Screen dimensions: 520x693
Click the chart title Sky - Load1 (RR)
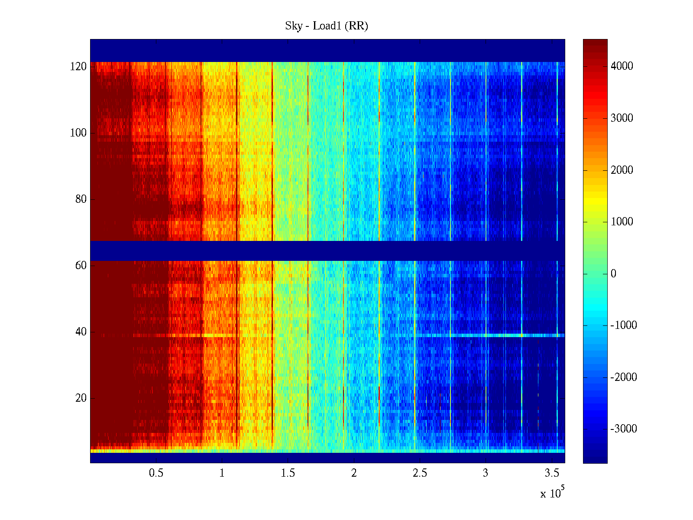[x=327, y=26]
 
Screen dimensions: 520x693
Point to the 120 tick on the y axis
[x=78, y=67]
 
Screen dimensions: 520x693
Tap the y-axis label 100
[x=78, y=133]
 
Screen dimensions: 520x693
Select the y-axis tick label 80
[x=81, y=199]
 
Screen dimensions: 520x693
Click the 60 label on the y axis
[x=81, y=266]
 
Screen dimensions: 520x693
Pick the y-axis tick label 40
[x=81, y=332]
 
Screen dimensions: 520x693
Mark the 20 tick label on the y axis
[x=81, y=398]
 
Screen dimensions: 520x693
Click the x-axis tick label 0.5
[x=156, y=473]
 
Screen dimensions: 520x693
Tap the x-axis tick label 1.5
[x=288, y=473]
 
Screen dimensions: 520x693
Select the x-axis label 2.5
[x=420, y=473]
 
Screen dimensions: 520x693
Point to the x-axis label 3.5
[x=552, y=473]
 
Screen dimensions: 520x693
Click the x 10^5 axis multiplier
[x=552, y=493]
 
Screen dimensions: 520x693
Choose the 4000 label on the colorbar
[x=622, y=66]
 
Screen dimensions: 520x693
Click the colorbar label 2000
[x=622, y=170]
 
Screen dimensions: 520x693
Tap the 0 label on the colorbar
[x=613, y=274]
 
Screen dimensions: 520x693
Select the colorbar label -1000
[x=624, y=325]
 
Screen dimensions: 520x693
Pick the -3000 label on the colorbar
[x=624, y=429]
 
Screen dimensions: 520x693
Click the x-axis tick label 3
[x=486, y=473]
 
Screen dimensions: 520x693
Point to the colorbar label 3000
[x=622, y=118]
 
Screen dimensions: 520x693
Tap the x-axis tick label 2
[x=354, y=473]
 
